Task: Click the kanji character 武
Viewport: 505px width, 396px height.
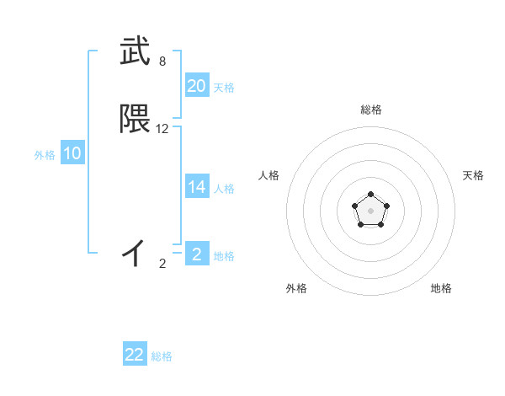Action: tap(135, 52)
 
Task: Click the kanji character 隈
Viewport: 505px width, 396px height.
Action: tap(135, 120)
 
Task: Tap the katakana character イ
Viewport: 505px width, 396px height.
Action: tap(135, 252)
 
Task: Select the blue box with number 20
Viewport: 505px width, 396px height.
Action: tap(196, 85)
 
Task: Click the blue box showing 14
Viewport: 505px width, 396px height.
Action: tap(196, 187)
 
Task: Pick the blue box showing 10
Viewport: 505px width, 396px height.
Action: tap(72, 153)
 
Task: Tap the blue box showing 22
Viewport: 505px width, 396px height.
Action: tap(135, 355)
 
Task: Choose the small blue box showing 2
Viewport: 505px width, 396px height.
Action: tap(196, 254)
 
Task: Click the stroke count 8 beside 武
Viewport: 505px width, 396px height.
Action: tap(162, 62)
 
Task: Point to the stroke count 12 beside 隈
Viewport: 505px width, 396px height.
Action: tap(162, 129)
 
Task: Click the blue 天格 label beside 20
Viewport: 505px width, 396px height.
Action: tap(224, 88)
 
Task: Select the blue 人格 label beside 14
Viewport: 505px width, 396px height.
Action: tap(224, 189)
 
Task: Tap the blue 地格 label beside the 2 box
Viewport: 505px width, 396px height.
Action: tap(224, 256)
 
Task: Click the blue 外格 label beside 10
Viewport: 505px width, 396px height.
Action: tap(45, 155)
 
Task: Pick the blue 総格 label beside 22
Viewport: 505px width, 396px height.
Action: tap(162, 357)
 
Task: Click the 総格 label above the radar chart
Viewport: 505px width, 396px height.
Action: tap(371, 110)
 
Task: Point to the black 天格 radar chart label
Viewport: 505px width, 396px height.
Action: tap(473, 175)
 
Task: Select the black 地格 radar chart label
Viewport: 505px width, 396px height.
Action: tap(441, 289)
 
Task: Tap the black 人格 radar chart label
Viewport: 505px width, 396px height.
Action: tap(268, 175)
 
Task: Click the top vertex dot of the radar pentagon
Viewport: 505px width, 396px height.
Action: tap(371, 196)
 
